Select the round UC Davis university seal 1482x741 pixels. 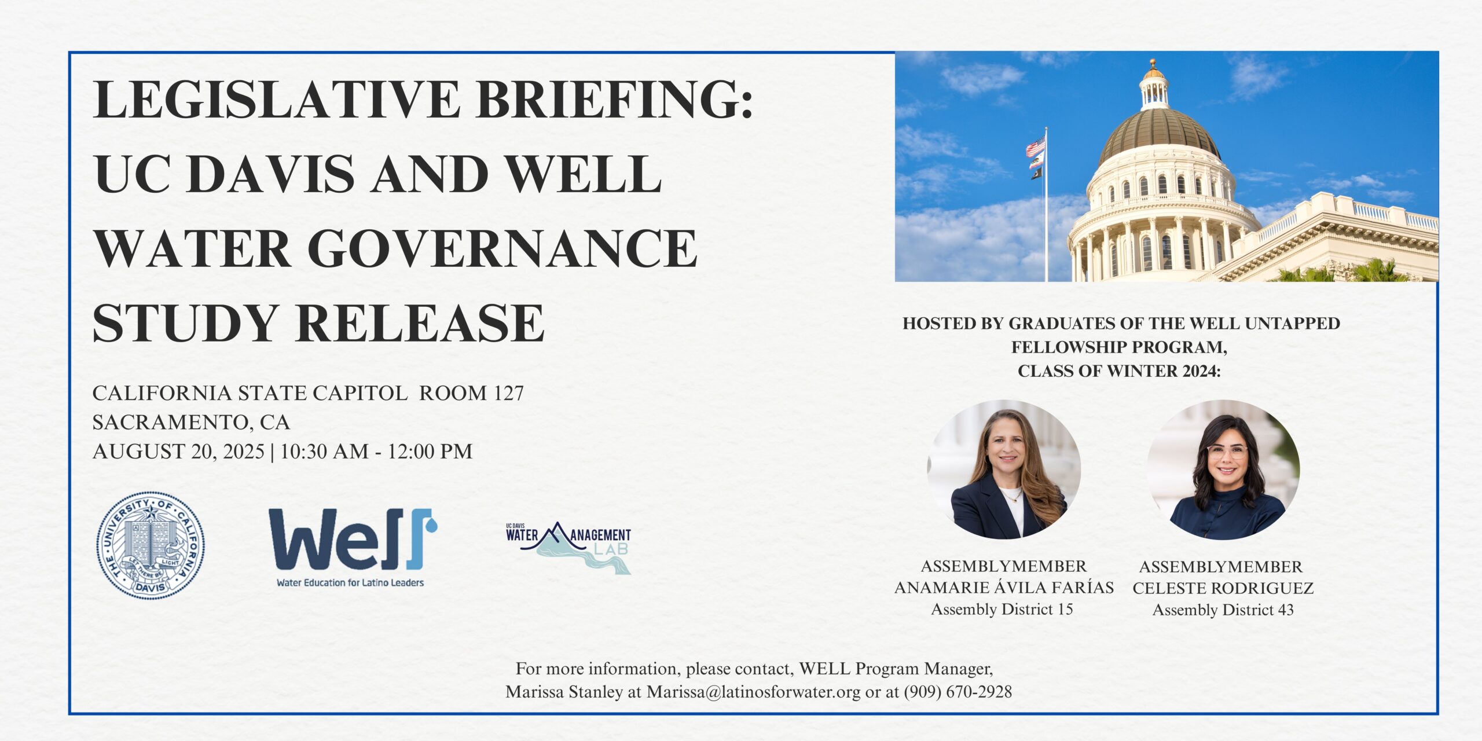[150, 545]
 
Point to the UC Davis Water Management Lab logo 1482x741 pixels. [568, 548]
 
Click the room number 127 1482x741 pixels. [509, 393]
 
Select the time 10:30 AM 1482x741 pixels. [324, 452]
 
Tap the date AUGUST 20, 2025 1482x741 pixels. [178, 452]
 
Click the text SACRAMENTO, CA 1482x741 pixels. [191, 423]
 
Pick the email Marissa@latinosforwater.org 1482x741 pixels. [753, 692]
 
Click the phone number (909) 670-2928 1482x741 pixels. [958, 692]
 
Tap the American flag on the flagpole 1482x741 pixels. [1036, 147]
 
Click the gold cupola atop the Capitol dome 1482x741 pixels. [1153, 84]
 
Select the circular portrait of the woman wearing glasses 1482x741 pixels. [1223, 469]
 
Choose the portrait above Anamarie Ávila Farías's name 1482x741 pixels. [1004, 469]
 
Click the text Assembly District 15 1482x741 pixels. [1002, 609]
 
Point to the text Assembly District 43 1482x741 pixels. [1223, 610]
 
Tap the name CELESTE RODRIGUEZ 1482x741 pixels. [1223, 588]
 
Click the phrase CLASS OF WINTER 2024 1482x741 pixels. [1118, 371]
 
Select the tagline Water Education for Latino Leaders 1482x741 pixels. [350, 582]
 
